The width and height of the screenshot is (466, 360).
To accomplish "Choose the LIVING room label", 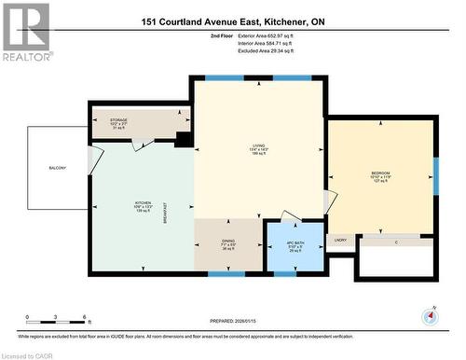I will click(x=259, y=146).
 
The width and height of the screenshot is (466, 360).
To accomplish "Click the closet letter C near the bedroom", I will click(x=396, y=242).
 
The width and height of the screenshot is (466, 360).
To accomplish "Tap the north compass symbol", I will click(x=430, y=316).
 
